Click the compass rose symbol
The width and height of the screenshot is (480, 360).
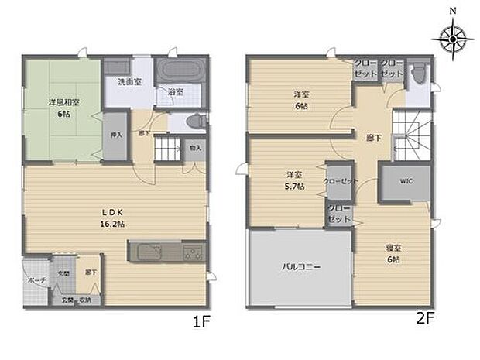tap(452, 36)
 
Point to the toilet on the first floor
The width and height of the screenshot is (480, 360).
tap(197, 122)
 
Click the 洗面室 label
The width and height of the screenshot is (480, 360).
tap(129, 81)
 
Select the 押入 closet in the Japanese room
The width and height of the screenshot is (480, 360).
tap(115, 136)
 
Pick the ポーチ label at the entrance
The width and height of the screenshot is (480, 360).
tap(36, 280)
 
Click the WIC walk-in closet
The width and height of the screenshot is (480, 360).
tap(406, 183)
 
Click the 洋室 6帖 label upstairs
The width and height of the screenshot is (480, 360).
tap(301, 100)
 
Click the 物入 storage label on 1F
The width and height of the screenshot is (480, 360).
tap(194, 147)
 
